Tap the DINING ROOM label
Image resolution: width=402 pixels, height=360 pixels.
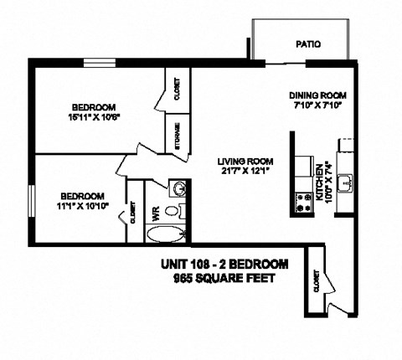point(317,95)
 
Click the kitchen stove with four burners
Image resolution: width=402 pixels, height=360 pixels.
point(301,200)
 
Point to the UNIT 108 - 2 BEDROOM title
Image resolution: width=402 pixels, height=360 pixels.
point(224,265)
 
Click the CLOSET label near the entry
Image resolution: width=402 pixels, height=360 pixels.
point(316,284)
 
